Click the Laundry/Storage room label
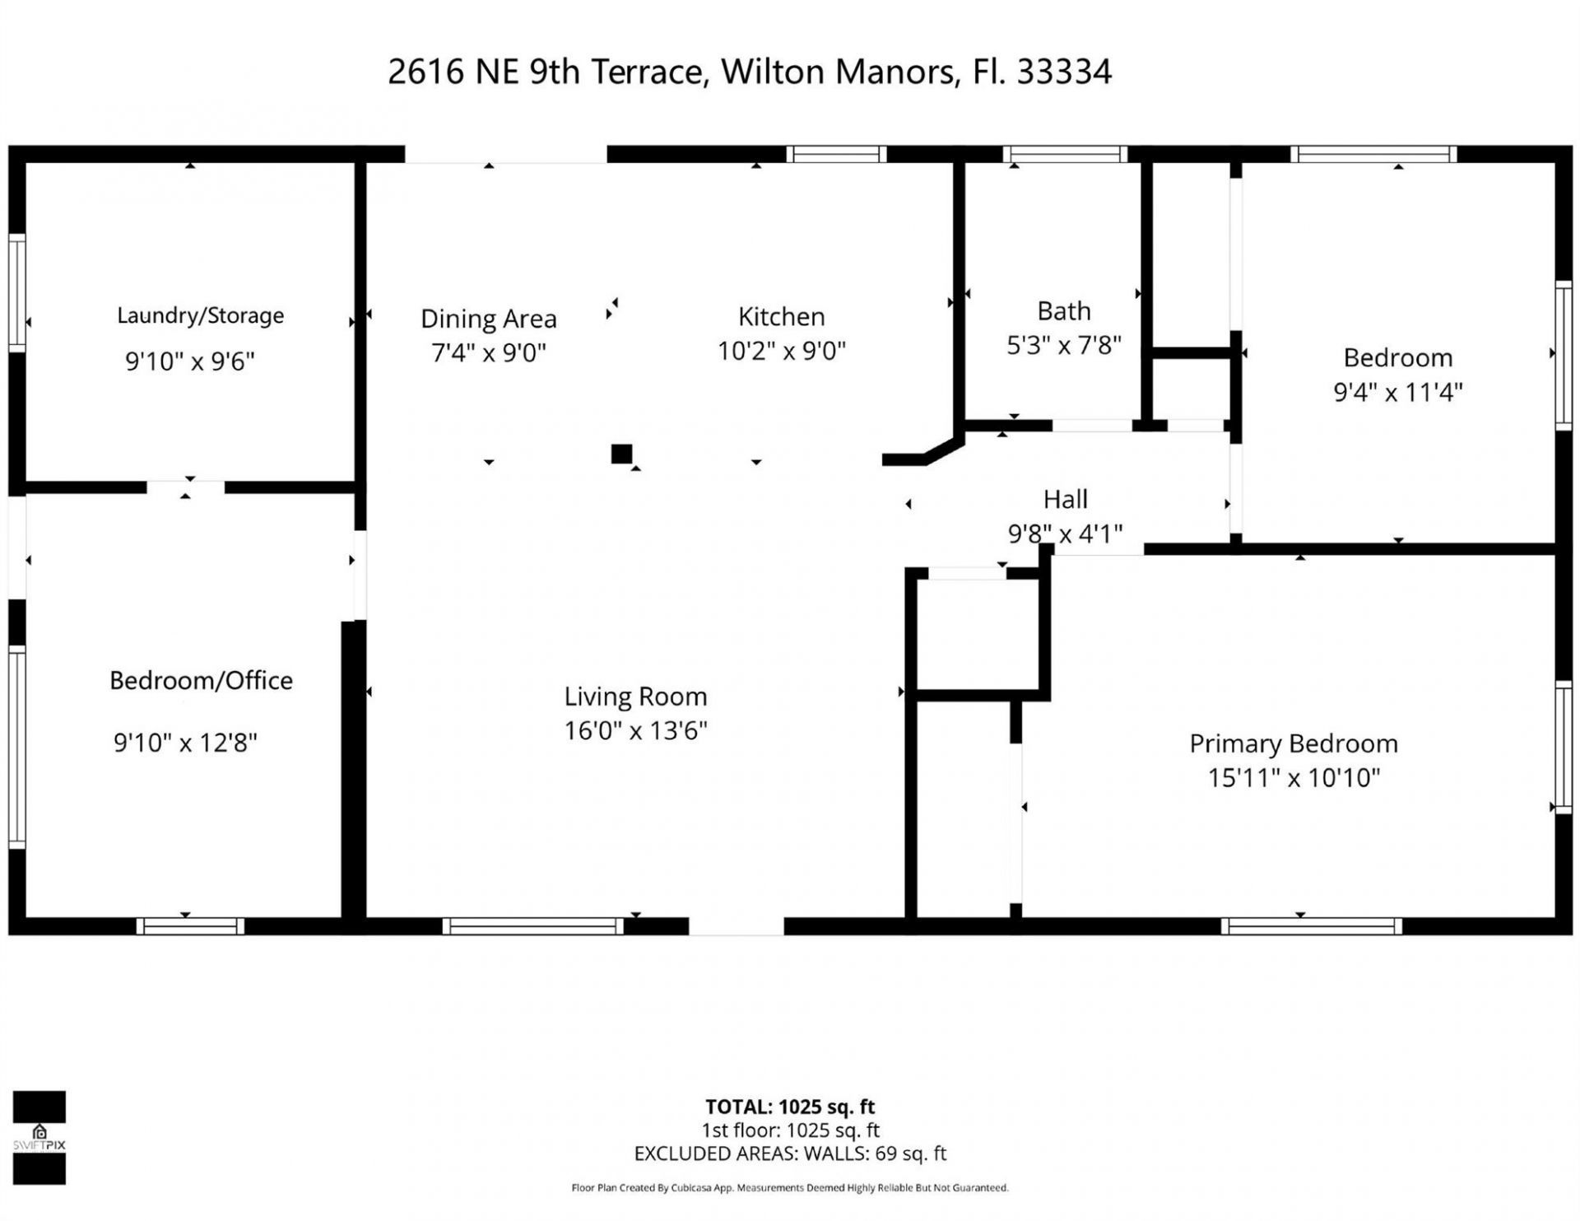point(200,315)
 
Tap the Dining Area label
point(489,319)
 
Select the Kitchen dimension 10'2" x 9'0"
point(781,351)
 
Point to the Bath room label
point(1064,311)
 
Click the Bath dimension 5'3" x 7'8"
point(1064,345)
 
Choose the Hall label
point(1066,499)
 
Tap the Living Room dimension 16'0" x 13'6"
point(635,730)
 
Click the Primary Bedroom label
point(1293,743)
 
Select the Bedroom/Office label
point(201,680)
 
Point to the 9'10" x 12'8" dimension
point(185,743)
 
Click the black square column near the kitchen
point(621,454)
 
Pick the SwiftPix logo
point(39,1138)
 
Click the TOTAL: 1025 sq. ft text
point(790,1107)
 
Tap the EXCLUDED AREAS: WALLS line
point(790,1153)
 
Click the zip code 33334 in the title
point(1064,72)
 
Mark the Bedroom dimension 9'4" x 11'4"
point(1397,392)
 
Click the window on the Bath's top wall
point(1065,154)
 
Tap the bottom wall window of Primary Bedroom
point(1311,926)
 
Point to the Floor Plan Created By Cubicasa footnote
point(790,1187)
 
